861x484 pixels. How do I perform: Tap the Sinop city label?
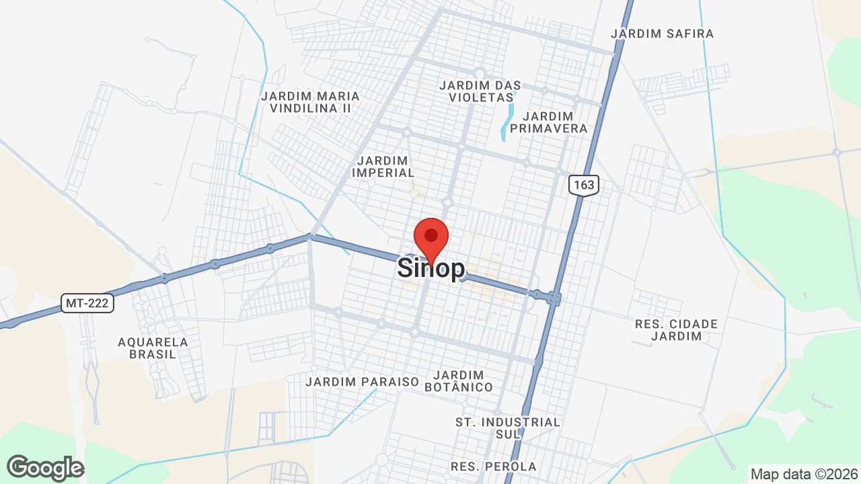430,268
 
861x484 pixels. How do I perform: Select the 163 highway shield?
583,185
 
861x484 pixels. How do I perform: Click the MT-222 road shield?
88,303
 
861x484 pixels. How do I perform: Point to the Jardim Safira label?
662,34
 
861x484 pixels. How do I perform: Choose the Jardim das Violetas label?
480,91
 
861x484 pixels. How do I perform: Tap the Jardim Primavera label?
548,122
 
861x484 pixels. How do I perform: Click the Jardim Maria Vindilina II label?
310,102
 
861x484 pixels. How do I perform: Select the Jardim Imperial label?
383,167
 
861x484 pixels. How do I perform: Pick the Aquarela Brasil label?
153,348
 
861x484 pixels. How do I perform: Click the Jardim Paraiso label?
362,382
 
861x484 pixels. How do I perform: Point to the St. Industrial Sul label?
508,428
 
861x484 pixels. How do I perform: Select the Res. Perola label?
494,467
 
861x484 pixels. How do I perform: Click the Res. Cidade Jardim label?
676,330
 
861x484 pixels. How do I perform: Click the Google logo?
45,468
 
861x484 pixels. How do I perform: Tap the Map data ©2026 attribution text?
803,474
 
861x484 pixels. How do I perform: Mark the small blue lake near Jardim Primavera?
507,121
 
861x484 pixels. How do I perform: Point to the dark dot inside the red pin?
431,235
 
